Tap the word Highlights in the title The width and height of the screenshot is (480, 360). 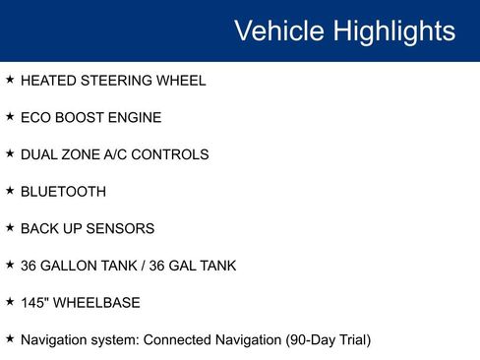click(x=393, y=31)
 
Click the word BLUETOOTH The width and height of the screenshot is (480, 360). click(x=63, y=192)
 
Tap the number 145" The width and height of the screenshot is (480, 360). click(x=35, y=302)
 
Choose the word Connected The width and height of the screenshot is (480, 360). click(x=175, y=339)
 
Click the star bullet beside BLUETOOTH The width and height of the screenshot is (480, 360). click(x=10, y=190)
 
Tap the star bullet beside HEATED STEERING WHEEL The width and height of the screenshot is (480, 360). click(x=10, y=79)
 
